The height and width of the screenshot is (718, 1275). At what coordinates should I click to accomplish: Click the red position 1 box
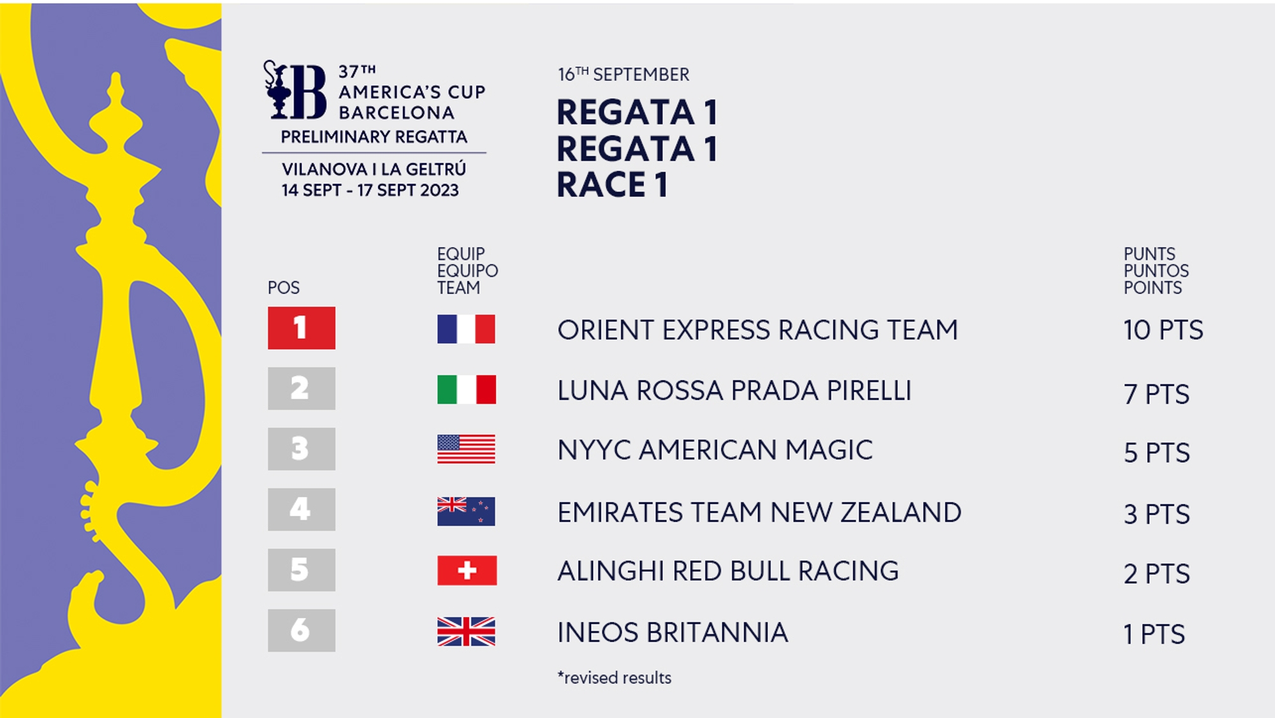[302, 328]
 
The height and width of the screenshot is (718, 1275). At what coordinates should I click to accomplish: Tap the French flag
[466, 329]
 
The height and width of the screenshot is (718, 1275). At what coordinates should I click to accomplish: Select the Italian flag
[466, 389]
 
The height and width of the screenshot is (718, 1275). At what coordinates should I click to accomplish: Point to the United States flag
[466, 449]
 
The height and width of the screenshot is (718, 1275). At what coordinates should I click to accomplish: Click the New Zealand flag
[466, 511]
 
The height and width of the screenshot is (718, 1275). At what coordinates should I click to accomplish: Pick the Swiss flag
[467, 571]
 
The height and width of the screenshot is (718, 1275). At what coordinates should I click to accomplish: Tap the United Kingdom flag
[466, 631]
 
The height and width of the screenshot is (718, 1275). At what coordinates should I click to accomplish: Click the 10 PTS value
[1163, 330]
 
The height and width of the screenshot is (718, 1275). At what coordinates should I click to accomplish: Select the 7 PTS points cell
[1156, 395]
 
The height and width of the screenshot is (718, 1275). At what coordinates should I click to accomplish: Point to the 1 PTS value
[1154, 634]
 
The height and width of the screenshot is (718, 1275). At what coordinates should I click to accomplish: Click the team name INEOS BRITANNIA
[673, 633]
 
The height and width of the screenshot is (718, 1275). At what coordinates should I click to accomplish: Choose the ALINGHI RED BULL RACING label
[728, 571]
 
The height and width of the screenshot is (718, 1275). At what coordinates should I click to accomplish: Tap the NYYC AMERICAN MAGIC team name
[715, 450]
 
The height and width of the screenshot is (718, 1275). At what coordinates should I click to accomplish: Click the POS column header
[284, 288]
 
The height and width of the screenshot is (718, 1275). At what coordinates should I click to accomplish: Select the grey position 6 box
[302, 630]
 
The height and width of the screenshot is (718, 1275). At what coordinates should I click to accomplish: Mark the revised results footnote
[615, 678]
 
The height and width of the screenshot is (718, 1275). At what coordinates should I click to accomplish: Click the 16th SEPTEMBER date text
[623, 75]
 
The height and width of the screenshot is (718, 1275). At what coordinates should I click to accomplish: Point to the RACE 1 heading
[612, 185]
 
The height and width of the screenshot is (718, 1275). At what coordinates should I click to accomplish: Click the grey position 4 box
[302, 509]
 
